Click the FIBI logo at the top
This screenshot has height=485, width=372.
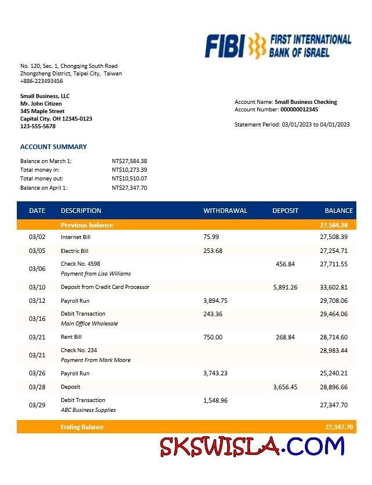point(278,46)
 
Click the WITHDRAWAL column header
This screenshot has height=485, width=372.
point(225,211)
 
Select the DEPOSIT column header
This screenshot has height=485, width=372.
point(285,211)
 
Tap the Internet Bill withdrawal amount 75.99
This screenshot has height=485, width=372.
point(211,237)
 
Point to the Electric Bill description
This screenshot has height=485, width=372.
point(75,251)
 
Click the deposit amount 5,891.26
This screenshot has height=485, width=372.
point(285,287)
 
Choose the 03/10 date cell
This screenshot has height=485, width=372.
point(37,287)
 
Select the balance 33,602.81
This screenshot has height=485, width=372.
point(334,287)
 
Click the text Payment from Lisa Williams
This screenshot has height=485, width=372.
point(96,273)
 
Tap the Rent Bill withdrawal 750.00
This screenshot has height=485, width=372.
point(213,337)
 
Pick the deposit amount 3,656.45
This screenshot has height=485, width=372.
point(285,386)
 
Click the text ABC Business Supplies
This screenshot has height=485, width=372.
point(88,410)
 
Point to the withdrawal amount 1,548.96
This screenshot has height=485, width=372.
point(216,400)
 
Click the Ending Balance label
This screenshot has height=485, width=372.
point(82,427)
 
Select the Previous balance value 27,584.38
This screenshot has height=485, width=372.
point(334,225)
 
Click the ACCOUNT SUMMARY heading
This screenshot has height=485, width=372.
point(53,147)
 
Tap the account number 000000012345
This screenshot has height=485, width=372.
point(299,109)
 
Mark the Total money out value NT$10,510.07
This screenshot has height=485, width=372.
point(129,179)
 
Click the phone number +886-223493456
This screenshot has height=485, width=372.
point(42,81)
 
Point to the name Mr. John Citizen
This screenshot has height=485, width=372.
point(41,103)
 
